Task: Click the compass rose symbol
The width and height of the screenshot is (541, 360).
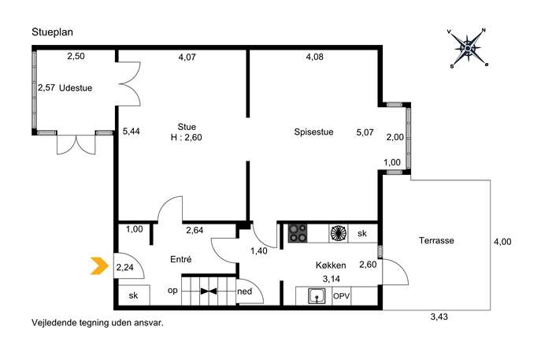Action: [x=468, y=48]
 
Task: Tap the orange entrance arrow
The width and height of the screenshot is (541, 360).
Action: [x=99, y=265]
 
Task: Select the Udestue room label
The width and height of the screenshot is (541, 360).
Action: [x=76, y=88]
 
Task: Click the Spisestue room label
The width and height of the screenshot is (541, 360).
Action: [x=313, y=132]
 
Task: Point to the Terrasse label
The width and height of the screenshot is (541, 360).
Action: [x=436, y=240]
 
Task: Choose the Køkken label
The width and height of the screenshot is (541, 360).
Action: [x=331, y=265]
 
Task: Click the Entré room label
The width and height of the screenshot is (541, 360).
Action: [x=181, y=259]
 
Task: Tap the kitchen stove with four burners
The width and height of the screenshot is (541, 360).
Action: [x=298, y=233]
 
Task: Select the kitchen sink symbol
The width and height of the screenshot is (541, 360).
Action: [x=317, y=296]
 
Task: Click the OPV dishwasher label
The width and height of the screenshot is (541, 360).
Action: [x=341, y=296]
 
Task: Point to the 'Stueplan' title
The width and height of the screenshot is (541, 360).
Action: [x=53, y=32]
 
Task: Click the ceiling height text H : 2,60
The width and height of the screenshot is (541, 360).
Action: [x=187, y=137]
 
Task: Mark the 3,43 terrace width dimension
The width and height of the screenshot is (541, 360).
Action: [x=439, y=317]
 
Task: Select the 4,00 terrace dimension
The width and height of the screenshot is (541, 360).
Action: [x=502, y=242]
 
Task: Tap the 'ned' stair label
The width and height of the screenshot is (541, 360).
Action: [x=245, y=291]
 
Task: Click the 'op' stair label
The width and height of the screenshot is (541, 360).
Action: [x=172, y=291]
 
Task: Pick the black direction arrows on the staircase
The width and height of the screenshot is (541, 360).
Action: [x=209, y=291]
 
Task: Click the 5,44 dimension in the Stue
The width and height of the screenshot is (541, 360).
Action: [x=131, y=132]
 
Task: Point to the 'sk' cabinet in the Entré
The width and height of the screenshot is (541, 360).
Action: [x=134, y=295]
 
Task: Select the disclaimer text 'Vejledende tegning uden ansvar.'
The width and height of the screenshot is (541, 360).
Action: [x=98, y=323]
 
